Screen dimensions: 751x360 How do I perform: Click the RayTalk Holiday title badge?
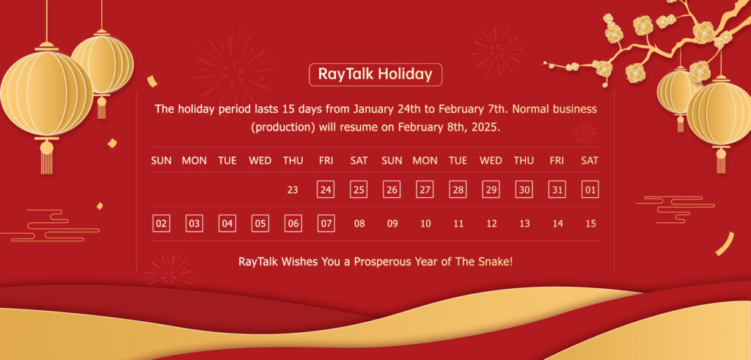pos(375,75)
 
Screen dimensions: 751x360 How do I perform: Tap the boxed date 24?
pos(326,190)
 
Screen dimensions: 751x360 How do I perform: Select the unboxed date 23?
pos(293,190)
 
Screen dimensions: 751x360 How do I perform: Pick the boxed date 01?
pos(590,190)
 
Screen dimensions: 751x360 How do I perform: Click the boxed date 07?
pos(326,223)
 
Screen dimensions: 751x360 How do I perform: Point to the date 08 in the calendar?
pos(359,224)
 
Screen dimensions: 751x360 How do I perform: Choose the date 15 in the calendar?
pos(590,224)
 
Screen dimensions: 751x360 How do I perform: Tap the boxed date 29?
pos(491,190)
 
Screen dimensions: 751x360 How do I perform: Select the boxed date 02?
pos(161,223)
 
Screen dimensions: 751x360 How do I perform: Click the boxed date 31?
pos(557,190)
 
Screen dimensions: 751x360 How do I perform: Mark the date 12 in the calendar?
pos(491,224)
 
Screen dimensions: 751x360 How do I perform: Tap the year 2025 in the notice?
pos(488,128)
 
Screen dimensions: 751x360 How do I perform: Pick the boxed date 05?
pos(260,223)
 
